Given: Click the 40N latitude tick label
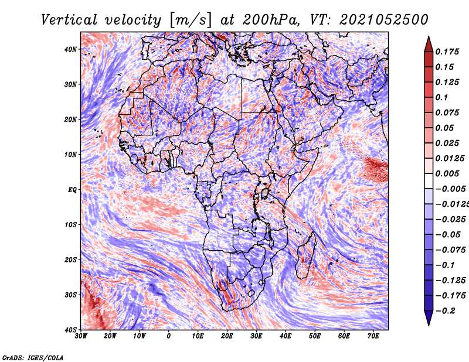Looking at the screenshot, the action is pyautogui.click(x=70, y=49).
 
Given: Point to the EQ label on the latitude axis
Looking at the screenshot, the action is pyautogui.click(x=72, y=190).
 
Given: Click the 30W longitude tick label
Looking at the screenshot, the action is pyautogui.click(x=81, y=336).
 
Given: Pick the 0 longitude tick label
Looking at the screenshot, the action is pyautogui.click(x=169, y=336).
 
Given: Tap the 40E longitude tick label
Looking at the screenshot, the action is pyautogui.click(x=286, y=336).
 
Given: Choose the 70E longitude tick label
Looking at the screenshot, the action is pyautogui.click(x=373, y=336).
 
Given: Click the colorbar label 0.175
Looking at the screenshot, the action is pyautogui.click(x=447, y=52).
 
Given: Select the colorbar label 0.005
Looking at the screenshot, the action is pyautogui.click(x=447, y=173).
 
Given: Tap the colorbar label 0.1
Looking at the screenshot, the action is pyautogui.click(x=441, y=97).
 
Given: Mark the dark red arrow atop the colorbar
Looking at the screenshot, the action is pyautogui.click(x=429, y=44).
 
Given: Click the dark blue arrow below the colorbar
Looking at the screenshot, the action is pyautogui.click(x=429, y=318).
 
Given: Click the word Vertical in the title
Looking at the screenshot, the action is pyautogui.click(x=69, y=20).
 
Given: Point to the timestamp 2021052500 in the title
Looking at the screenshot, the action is pyautogui.click(x=384, y=20).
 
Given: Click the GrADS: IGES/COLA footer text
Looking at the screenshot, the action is pyautogui.click(x=33, y=357).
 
